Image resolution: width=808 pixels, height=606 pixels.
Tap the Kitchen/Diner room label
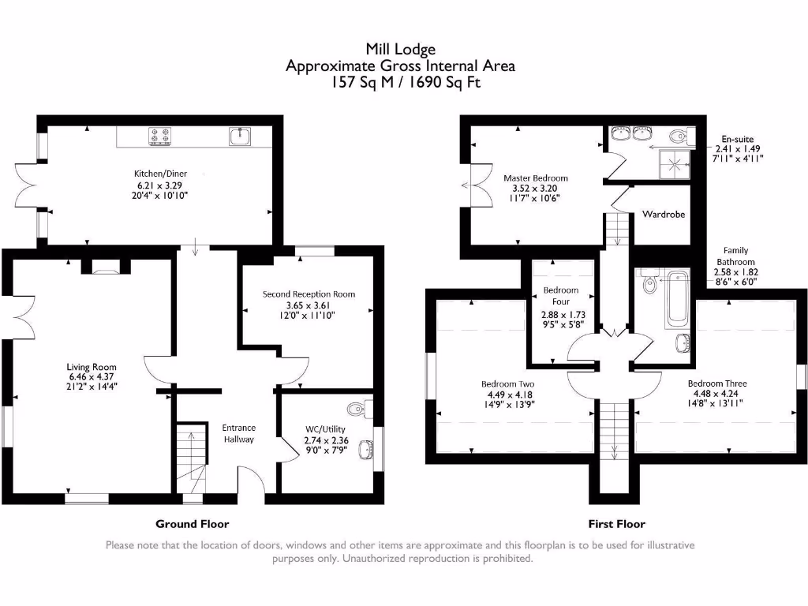pos(160,174)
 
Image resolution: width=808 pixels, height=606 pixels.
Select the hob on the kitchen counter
pos(160,137)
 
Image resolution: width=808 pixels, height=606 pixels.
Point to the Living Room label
pos(92,367)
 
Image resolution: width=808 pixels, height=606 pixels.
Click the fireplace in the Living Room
pos(103,267)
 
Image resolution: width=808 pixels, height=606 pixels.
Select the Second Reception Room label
pos(309,294)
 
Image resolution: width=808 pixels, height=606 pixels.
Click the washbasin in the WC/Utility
pos(365,450)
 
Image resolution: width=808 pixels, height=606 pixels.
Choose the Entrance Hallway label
pos(238,433)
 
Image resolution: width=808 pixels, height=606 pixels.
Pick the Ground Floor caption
pos(192,524)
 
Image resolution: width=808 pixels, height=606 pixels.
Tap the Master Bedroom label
pos(536,178)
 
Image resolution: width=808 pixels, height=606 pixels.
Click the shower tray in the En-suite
pos(675,162)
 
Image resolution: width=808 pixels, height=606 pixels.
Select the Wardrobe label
pos(662,214)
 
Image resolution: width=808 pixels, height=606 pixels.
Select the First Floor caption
pos(616,524)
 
